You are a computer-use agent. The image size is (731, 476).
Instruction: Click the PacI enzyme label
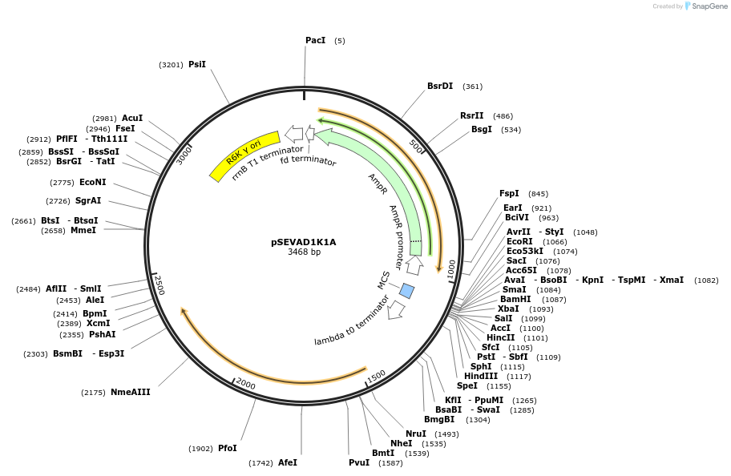point(315,40)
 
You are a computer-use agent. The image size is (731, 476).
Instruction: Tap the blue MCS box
point(407,290)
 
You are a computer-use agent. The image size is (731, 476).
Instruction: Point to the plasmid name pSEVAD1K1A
point(304,242)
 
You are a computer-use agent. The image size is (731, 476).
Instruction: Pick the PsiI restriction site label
point(197,64)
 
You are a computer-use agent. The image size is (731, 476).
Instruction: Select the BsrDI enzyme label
point(440,86)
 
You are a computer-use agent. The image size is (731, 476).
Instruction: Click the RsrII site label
point(472,115)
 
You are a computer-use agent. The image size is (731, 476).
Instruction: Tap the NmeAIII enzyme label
point(130,392)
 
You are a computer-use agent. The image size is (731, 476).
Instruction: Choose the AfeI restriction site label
point(288,462)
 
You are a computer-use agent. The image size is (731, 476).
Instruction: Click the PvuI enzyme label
point(359,462)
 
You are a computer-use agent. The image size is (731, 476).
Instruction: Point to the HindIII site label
point(480,376)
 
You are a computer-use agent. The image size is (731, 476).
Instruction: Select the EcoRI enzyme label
point(519,241)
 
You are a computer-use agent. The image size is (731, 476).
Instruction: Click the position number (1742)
point(260,463)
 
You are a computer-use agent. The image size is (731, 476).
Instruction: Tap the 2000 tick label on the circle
point(245,385)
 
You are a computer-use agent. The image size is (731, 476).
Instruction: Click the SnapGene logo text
point(707,6)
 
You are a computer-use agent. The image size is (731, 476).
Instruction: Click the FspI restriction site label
point(509,193)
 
